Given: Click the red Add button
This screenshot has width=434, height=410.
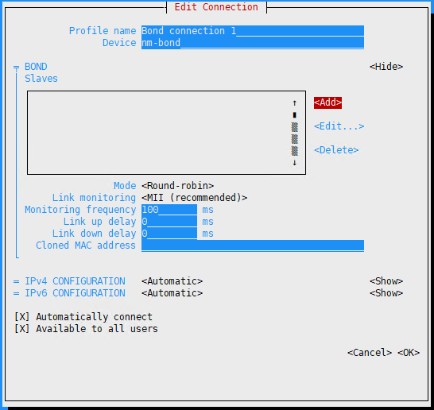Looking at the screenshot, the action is click(327, 102).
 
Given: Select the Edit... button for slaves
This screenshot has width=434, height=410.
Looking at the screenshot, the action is click(339, 126).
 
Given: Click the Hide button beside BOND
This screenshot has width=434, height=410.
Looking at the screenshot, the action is click(386, 67).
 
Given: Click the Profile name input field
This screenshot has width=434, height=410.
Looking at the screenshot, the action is click(253, 31).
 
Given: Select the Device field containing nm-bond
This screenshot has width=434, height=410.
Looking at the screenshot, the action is click(253, 43).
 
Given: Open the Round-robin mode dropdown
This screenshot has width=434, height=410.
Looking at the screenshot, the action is click(178, 186).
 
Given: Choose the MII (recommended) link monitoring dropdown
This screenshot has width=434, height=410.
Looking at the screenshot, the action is click(194, 198).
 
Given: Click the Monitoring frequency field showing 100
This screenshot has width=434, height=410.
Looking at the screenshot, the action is click(169, 210).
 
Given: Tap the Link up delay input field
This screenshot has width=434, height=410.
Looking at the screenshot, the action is click(169, 222).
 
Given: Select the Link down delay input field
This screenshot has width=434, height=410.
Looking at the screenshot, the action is click(169, 234).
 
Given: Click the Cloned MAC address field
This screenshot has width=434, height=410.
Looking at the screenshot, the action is click(253, 246).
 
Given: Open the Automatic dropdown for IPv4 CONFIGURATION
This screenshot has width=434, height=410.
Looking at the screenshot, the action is click(172, 281).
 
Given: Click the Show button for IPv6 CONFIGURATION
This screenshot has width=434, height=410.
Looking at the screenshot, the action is click(386, 293).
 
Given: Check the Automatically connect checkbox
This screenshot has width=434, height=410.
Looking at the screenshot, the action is click(22, 317).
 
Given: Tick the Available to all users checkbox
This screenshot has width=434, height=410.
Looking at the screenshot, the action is click(22, 329).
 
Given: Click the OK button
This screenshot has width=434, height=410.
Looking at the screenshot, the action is click(409, 353).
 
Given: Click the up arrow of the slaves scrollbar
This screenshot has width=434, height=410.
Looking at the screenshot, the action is click(294, 103).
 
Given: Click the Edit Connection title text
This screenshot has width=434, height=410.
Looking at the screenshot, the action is click(216, 7).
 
